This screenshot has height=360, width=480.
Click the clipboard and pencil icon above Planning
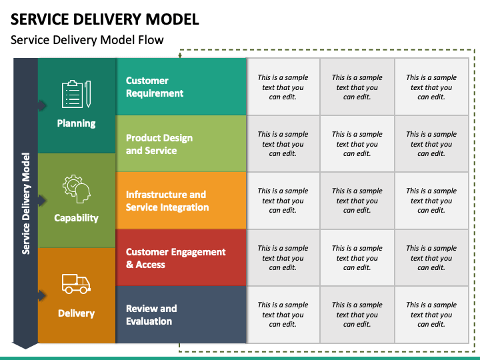(76, 94)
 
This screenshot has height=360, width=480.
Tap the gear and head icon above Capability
(76, 189)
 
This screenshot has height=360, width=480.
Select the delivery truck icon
(76, 284)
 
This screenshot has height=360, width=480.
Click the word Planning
(76, 123)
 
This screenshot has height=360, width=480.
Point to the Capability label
(76, 218)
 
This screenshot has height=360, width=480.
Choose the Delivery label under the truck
(76, 313)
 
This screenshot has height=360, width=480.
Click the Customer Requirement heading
(155, 87)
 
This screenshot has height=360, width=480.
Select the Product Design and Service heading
(159, 144)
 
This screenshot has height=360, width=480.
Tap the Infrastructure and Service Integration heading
(167, 201)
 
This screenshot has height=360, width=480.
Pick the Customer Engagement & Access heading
(176, 258)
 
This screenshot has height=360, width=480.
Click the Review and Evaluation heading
(151, 315)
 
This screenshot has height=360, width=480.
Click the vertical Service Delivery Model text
(26, 203)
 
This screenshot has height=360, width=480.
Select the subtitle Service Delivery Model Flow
(87, 40)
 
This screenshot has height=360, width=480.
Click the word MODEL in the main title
(172, 19)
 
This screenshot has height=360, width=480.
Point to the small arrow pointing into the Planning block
(42, 105)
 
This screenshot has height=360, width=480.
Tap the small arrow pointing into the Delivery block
(42, 296)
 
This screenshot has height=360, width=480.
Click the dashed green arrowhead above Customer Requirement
(180, 55)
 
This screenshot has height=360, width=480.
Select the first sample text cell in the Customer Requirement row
(283, 87)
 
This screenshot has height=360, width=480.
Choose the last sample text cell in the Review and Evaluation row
(431, 315)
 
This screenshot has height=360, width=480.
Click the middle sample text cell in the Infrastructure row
(357, 201)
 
